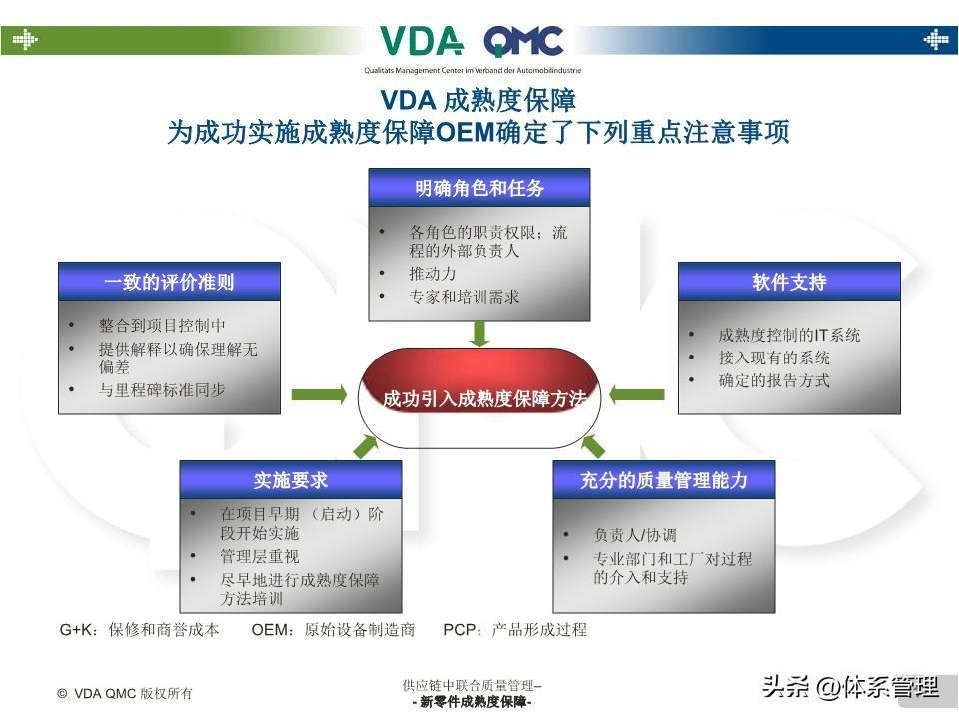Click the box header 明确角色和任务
coord(479,188)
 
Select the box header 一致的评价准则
coord(169,282)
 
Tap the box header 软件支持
coord(789,282)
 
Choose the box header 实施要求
coord(290,480)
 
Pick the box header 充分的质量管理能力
coord(664,480)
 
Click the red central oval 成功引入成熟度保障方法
coord(479,397)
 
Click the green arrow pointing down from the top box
coord(479,333)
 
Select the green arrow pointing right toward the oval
coord(319,395)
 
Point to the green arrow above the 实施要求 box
coord(366,446)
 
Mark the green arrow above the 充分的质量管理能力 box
coord(593,446)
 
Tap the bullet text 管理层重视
coord(260,556)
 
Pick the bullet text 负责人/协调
coord(635,535)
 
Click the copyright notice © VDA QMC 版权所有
coord(125,693)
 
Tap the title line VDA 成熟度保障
coord(479,101)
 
